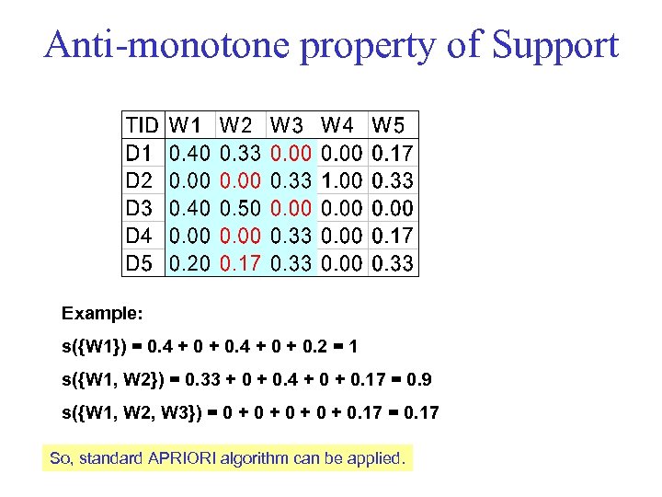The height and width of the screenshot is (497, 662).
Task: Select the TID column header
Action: (142, 124)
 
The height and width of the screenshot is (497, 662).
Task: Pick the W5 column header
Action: (393, 124)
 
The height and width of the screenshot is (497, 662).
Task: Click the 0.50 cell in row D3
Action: (240, 208)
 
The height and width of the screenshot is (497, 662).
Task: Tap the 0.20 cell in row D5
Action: (190, 264)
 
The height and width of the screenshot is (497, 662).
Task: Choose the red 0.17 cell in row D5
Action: (240, 264)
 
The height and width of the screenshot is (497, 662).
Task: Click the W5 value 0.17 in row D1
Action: (393, 152)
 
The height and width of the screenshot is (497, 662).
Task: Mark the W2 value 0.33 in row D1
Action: (240, 152)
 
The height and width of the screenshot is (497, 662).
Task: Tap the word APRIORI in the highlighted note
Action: (182, 457)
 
